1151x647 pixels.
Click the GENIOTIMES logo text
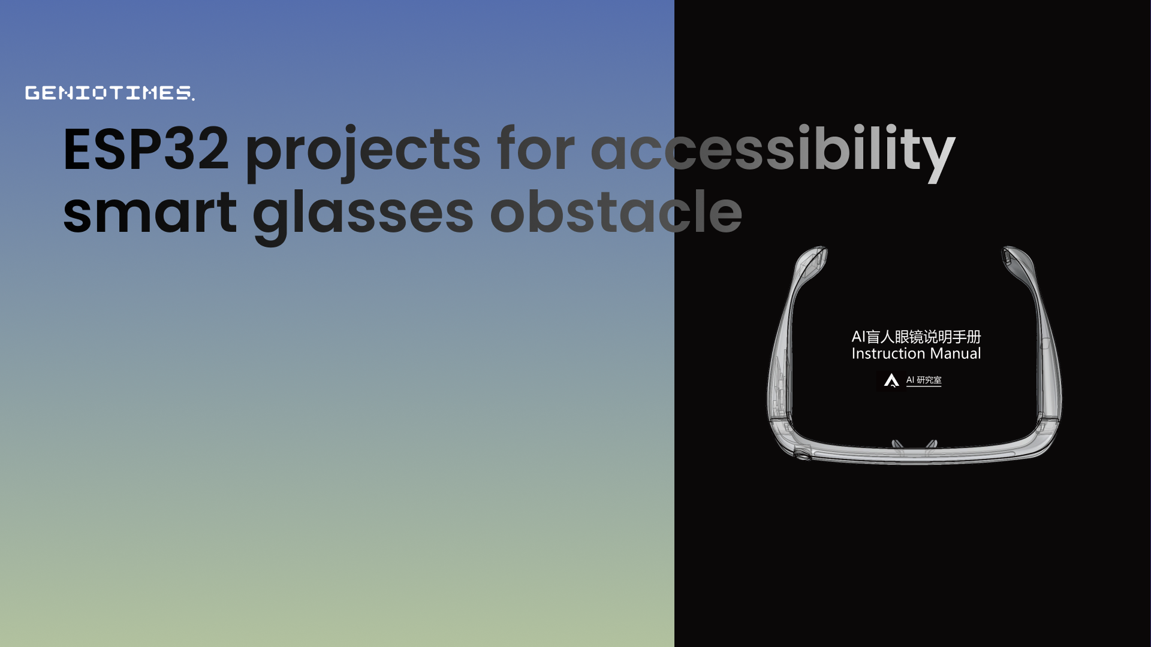pyautogui.click(x=109, y=93)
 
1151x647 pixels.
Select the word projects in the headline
pyautogui.click(x=363, y=153)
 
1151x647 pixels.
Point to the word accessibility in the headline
pyautogui.click(x=773, y=153)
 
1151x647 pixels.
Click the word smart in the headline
pyautogui.click(x=150, y=213)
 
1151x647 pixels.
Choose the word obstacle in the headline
pyautogui.click(x=616, y=211)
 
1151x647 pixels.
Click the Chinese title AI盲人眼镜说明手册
pyautogui.click(x=916, y=337)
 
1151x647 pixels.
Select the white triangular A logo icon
pyautogui.click(x=891, y=380)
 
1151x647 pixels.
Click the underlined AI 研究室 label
pyautogui.click(x=924, y=380)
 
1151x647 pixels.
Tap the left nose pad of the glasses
pyautogui.click(x=897, y=445)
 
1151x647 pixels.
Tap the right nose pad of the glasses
pyautogui.click(x=932, y=444)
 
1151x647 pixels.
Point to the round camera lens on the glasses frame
pyautogui.click(x=802, y=455)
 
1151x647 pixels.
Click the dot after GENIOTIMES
pyautogui.click(x=193, y=99)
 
